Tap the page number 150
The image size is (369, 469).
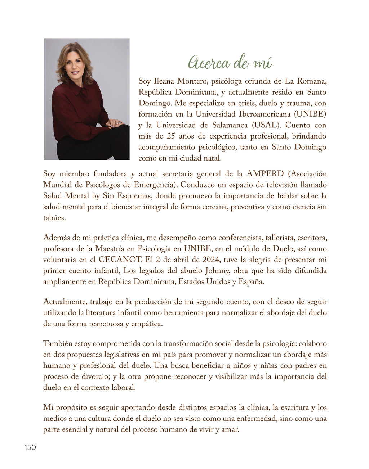tap(30, 447)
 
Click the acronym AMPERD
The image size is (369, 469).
tap(265, 174)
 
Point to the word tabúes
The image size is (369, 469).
tap(54, 218)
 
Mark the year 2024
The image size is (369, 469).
tap(211, 260)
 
